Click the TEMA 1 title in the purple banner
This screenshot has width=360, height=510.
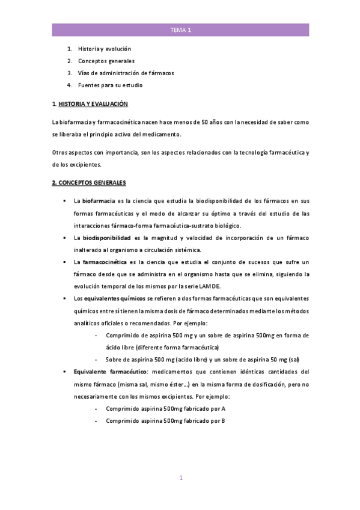click(x=180, y=29)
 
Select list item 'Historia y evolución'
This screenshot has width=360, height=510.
click(x=105, y=49)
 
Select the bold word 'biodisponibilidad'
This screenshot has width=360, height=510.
click(x=106, y=238)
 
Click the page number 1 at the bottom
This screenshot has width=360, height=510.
click(x=180, y=478)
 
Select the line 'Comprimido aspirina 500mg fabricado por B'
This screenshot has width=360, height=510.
click(x=165, y=420)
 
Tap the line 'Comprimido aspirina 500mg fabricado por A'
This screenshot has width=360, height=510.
click(x=165, y=408)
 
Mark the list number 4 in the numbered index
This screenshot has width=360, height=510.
click(x=69, y=85)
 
